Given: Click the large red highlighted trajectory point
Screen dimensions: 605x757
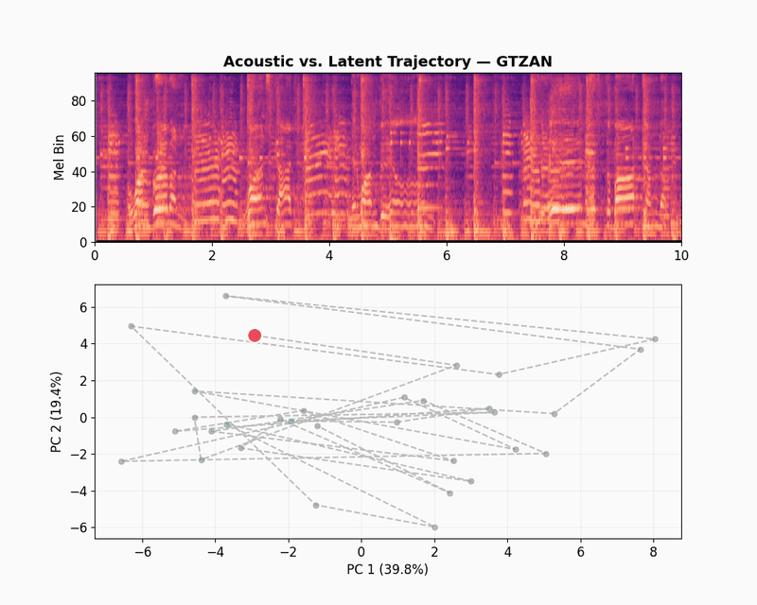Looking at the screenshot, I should pos(255,336).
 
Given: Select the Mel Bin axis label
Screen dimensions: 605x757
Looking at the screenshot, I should pos(59,157).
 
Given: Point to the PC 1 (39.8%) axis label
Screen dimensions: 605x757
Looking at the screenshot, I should pos(387,569).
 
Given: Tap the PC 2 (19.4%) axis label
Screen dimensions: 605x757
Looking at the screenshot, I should pos(59,411).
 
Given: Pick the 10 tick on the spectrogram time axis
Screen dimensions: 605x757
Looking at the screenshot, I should pos(680,256).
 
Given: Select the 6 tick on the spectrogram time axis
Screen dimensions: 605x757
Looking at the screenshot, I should pos(447,256).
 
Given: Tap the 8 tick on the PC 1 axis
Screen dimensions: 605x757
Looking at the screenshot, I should pos(653,552).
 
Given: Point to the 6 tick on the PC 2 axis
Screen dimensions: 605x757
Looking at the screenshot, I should pos(83,307).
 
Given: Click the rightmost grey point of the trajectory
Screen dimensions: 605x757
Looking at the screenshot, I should pos(655,338).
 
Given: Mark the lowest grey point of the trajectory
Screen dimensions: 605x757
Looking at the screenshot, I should pos(434,527).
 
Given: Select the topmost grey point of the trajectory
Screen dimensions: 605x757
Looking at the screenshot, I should pos(225,296).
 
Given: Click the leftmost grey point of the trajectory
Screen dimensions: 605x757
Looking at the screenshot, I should pos(121,461).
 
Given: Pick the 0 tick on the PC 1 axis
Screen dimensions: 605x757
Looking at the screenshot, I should pos(361,552).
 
